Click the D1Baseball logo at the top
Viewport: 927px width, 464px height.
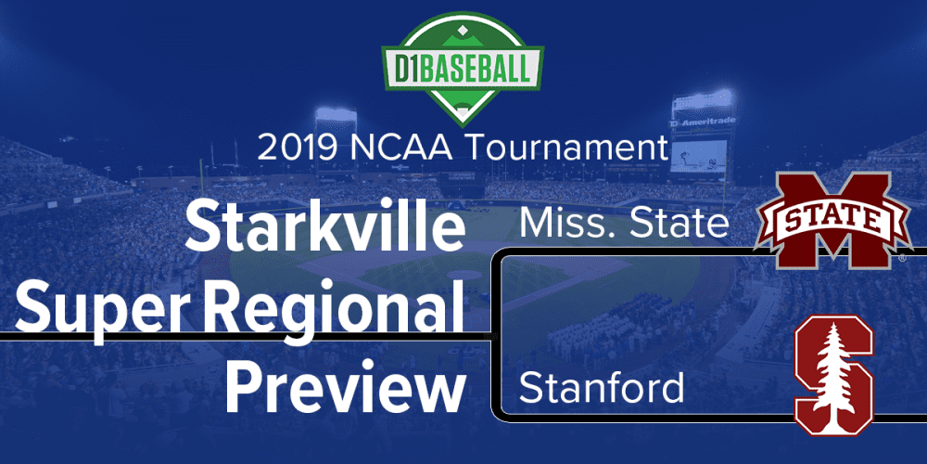463,69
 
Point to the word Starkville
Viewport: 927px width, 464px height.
324,226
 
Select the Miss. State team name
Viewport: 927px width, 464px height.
623,225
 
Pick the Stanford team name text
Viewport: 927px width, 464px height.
602,388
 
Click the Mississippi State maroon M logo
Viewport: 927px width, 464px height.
833,220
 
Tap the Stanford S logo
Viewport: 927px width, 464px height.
833,375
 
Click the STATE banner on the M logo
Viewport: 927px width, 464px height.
833,222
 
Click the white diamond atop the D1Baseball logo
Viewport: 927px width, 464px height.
463,28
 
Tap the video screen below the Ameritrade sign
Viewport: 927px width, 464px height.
698,156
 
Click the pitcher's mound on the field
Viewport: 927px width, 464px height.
465,276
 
